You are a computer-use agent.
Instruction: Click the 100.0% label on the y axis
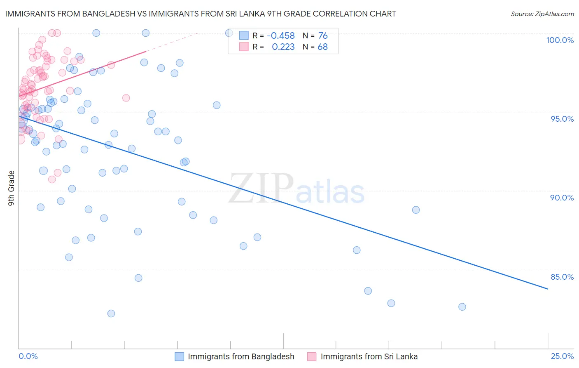pos(560,40)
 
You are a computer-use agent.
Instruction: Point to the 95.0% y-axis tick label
pos(562,119)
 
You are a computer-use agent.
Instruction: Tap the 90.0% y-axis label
pos(562,198)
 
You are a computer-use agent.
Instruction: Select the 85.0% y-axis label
pos(562,277)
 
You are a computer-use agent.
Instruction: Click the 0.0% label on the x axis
pos(28,356)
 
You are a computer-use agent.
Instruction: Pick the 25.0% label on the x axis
pos(562,356)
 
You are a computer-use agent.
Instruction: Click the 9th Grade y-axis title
pos(11,188)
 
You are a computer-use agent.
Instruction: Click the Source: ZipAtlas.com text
pos(542,14)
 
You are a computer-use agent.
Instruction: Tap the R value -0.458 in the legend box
pos(281,36)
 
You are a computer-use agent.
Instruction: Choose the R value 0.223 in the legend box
pos(283,47)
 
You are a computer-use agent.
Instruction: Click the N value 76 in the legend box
pos(323,36)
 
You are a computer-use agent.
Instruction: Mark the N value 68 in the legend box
pos(322,47)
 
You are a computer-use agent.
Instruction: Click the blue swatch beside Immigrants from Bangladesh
pos(179,356)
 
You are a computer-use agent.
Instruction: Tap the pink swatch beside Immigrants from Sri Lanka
pos(312,356)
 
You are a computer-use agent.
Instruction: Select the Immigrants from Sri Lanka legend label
pos(369,356)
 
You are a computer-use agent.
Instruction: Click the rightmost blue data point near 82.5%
pos(462,307)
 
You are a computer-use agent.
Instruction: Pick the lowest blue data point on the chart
pos(111,314)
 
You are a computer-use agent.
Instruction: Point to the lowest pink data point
pos(52,179)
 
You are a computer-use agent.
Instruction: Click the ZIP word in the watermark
pos(261,188)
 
